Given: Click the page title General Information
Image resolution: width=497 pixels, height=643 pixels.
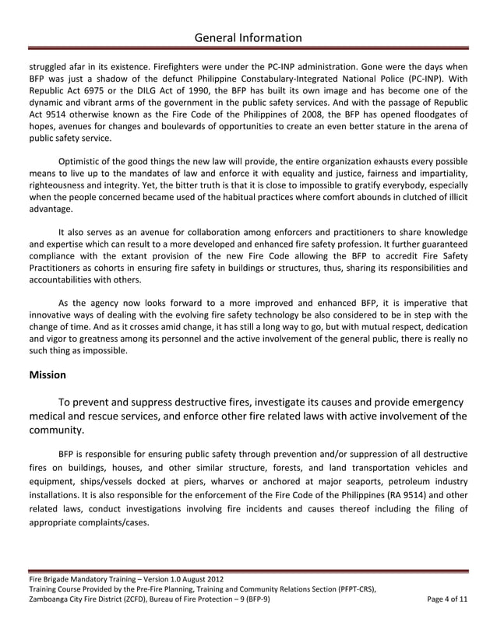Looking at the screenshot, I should click(x=248, y=37).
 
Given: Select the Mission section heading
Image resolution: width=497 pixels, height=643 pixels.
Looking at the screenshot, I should click(x=48, y=374).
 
